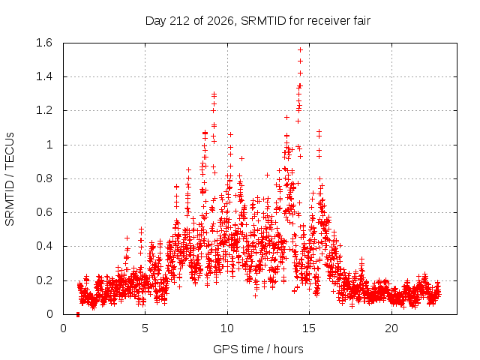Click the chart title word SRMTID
[263, 21]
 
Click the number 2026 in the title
[220, 21]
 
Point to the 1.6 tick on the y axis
[44, 43]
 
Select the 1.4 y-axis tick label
[44, 76]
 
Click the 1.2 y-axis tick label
[44, 110]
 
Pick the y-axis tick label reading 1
[49, 145]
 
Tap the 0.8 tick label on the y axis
[44, 178]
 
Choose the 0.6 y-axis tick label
[44, 212]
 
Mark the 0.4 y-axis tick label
[44, 246]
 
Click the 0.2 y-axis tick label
[44, 280]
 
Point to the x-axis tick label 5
[145, 328]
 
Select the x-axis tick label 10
[227, 328]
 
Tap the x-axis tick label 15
[309, 328]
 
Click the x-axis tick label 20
[391, 328]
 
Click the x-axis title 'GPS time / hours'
[258, 349]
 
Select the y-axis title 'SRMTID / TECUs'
[10, 179]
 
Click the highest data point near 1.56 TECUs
[300, 50]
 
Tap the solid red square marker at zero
[78, 314]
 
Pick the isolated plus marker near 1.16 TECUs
[286, 117]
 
